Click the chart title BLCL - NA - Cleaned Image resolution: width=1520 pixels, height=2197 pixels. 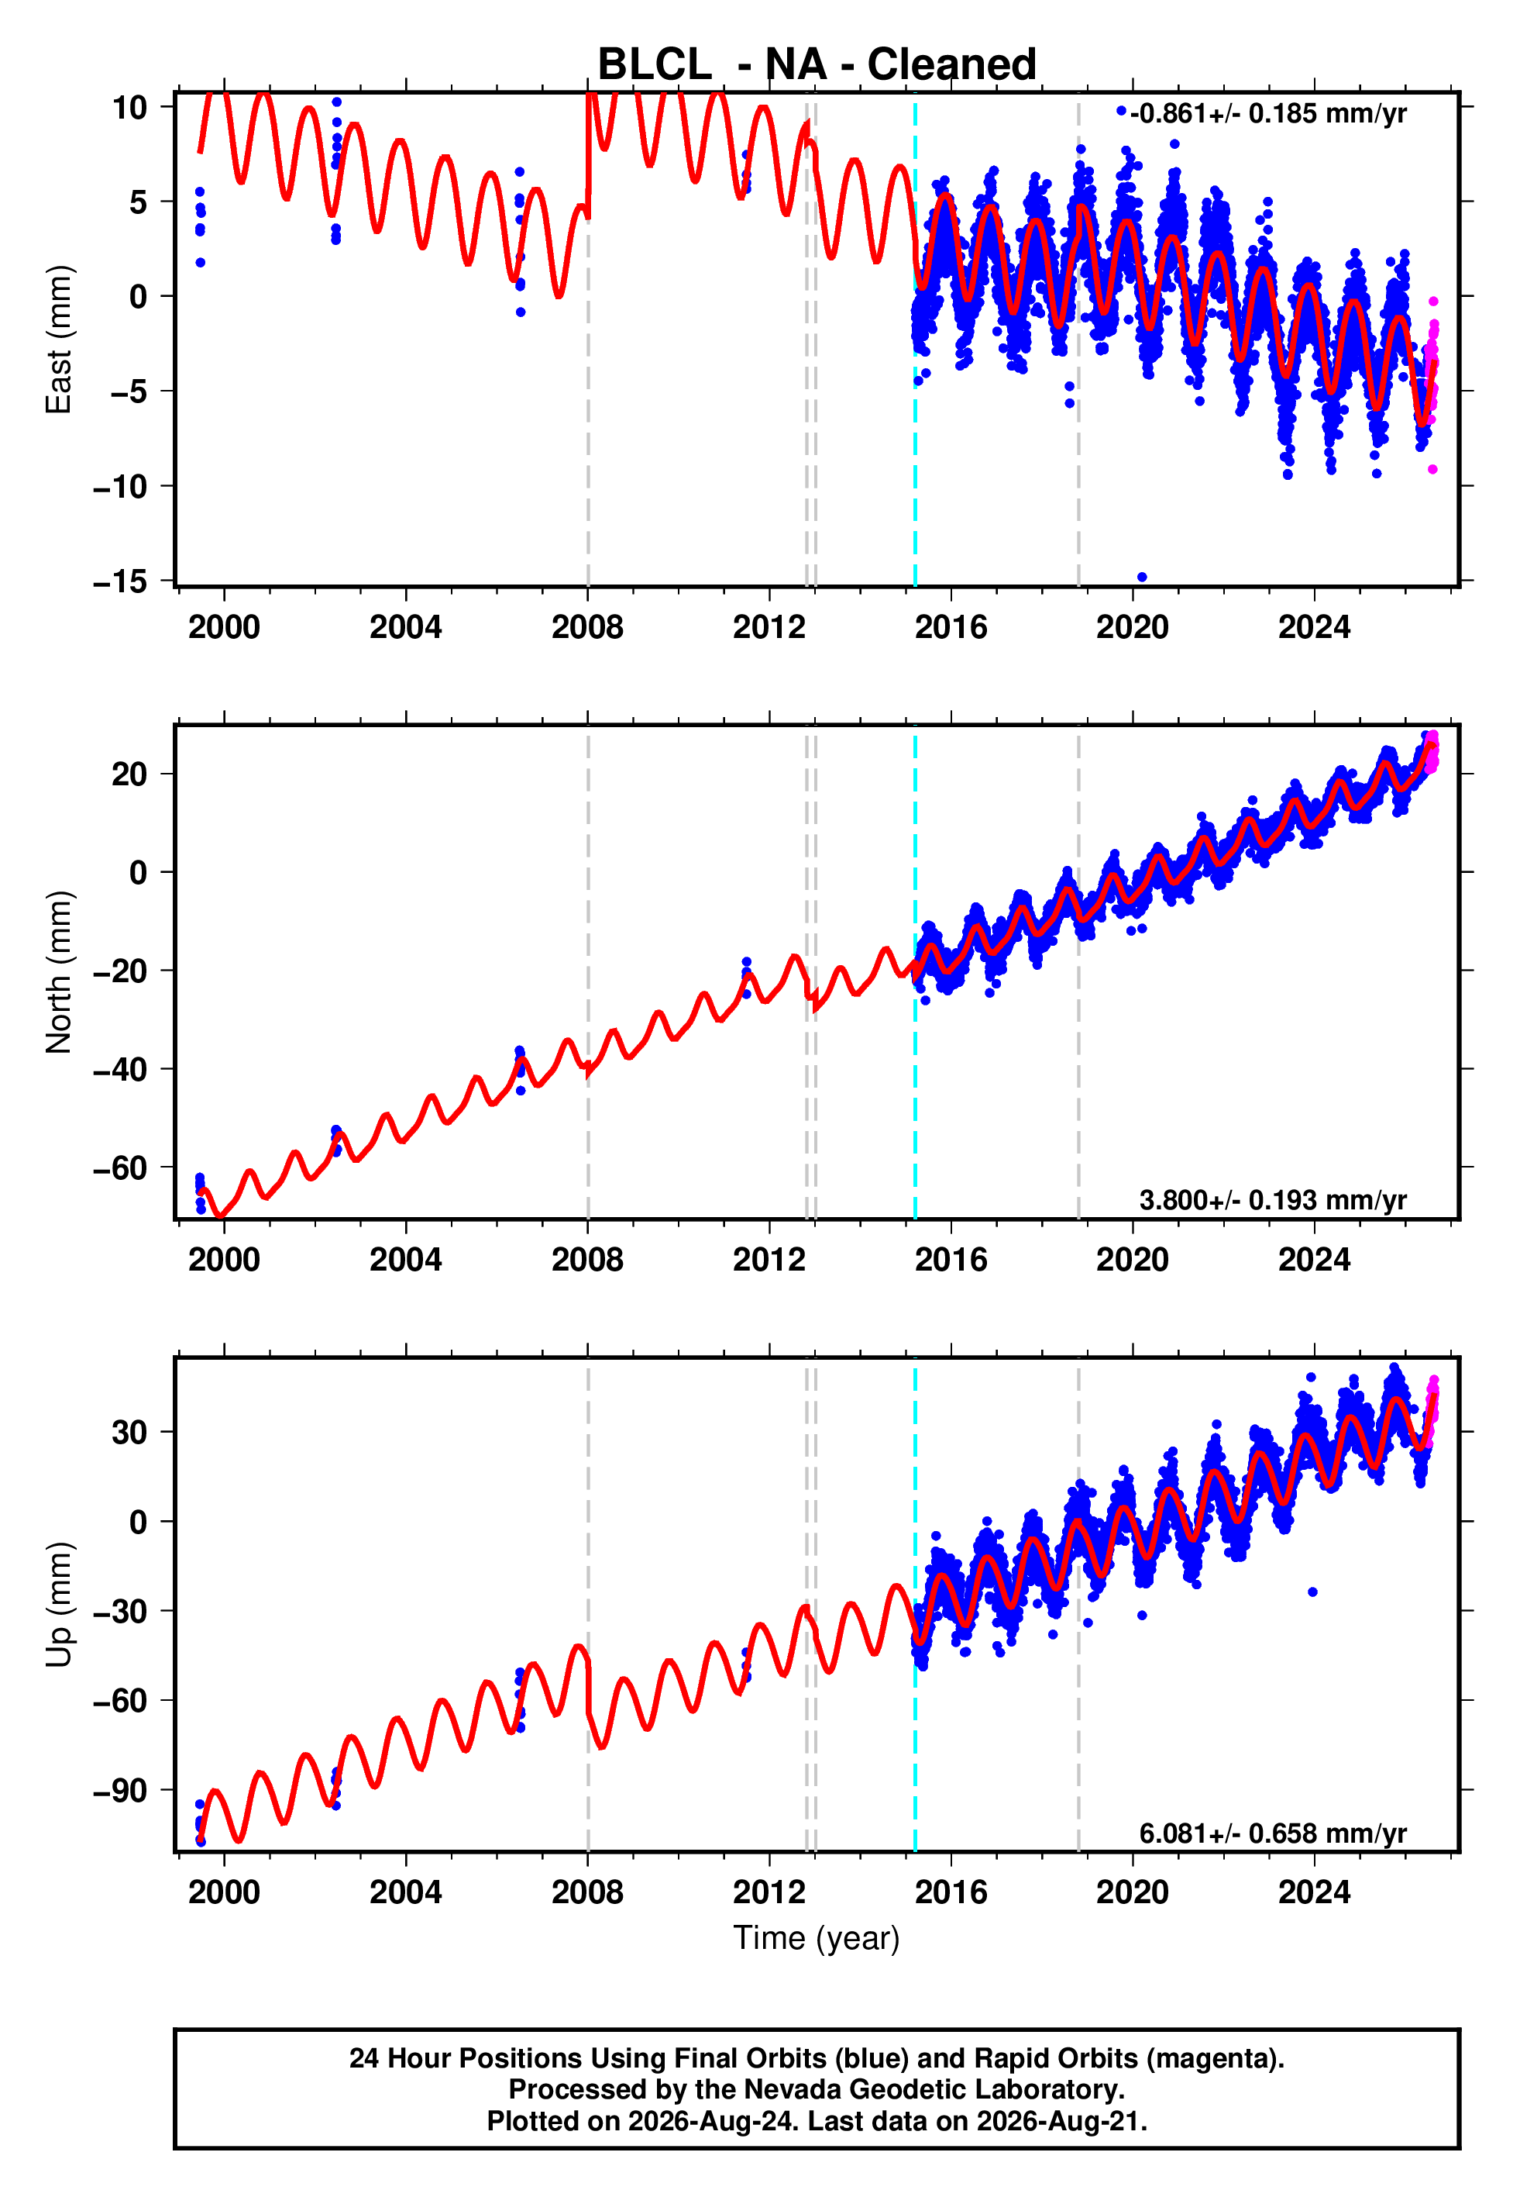[817, 65]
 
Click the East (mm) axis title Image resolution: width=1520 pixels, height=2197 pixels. [59, 340]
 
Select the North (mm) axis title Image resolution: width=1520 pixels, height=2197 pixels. [59, 972]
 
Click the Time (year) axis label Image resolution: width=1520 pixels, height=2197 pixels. [817, 1938]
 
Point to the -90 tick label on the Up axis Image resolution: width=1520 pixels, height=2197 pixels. [120, 1790]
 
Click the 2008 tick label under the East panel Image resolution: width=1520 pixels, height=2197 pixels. [587, 627]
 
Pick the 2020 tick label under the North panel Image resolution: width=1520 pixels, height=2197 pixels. [1133, 1260]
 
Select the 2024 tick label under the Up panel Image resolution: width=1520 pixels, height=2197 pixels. [1314, 1892]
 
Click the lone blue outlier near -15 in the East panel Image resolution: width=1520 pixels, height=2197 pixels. [1142, 578]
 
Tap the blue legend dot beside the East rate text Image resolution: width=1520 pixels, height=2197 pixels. [1121, 112]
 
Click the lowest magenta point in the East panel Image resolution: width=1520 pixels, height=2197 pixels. [1432, 470]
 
